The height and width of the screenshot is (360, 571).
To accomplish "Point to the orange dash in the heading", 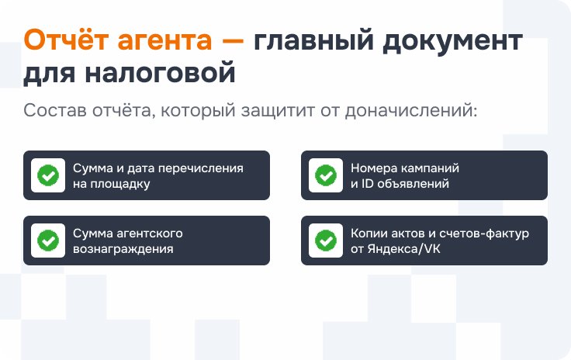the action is coord(233,41).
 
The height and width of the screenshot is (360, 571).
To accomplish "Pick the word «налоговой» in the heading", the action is coord(161,73).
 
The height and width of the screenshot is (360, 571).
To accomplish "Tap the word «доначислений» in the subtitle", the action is coord(411,111).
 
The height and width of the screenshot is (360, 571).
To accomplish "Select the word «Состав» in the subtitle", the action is coord(55,110).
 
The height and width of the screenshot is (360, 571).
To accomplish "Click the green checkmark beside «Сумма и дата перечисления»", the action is coord(48,175).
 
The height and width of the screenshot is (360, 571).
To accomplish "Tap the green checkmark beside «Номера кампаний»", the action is coord(326,175).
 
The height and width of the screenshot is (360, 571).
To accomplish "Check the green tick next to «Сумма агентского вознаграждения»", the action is coord(48,241).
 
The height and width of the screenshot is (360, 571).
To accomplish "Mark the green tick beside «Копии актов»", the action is coord(326,241).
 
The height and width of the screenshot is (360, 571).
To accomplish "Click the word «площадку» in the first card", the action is coord(120,184).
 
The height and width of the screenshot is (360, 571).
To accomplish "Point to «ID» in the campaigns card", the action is coord(368,183).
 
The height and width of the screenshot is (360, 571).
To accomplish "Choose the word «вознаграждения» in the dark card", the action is coord(123,249).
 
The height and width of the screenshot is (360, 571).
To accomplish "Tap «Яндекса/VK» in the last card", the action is coord(404,248).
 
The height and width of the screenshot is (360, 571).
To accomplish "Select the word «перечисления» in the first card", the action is coord(201,168).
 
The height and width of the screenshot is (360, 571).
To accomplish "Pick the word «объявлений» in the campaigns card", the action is coord(413,183).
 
